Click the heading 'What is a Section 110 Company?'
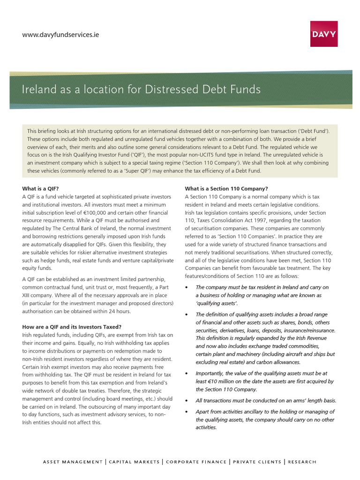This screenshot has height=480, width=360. click(x=226, y=188)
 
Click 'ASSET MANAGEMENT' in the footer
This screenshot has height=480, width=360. click(x=73, y=462)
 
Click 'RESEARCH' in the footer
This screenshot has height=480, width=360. click(x=302, y=462)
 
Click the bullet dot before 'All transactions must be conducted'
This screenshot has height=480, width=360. click(x=187, y=401)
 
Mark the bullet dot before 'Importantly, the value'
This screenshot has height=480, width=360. click(x=187, y=373)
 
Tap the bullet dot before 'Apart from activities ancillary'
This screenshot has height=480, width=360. click(x=187, y=412)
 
